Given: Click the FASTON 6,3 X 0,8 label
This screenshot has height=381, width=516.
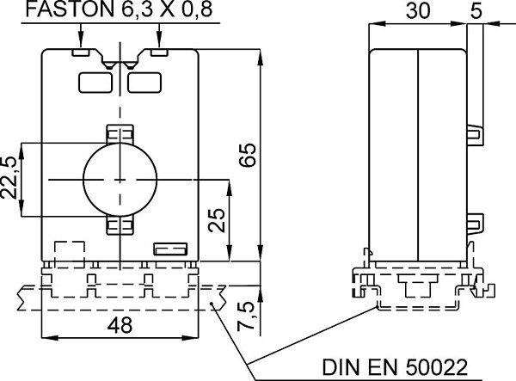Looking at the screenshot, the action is pyautogui.click(x=119, y=9).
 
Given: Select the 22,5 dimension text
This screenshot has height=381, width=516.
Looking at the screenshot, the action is pyautogui.click(x=9, y=177).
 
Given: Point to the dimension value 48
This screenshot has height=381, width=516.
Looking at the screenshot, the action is pyautogui.click(x=120, y=325).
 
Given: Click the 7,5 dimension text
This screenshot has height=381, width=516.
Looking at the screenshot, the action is pyautogui.click(x=247, y=315).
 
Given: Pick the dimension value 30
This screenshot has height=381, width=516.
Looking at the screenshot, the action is pyautogui.click(x=418, y=10).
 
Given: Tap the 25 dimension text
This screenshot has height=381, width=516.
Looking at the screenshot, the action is pyautogui.click(x=218, y=220).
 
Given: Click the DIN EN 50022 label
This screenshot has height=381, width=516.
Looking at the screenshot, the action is pyautogui.click(x=395, y=367).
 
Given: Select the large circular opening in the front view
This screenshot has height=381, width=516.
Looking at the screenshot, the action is pyautogui.click(x=120, y=179).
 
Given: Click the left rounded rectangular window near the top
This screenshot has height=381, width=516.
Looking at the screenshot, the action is pyautogui.click(x=95, y=83).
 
